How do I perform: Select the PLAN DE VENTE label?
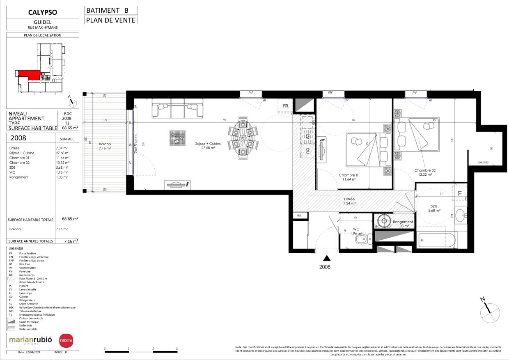click(111, 20)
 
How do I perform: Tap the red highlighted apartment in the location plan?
click(29, 74)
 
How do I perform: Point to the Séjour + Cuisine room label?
click(208, 146)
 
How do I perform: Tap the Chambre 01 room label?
click(349, 177)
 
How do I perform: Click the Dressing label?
click(483, 162)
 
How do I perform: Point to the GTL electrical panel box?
click(300, 216)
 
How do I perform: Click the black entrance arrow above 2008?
click(327, 258)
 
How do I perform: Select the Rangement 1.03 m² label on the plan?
click(403, 224)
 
